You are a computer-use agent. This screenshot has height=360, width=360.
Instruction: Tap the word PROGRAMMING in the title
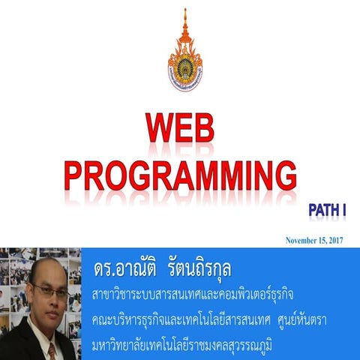(179, 175)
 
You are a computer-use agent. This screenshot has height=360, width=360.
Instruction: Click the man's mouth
(50, 316)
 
